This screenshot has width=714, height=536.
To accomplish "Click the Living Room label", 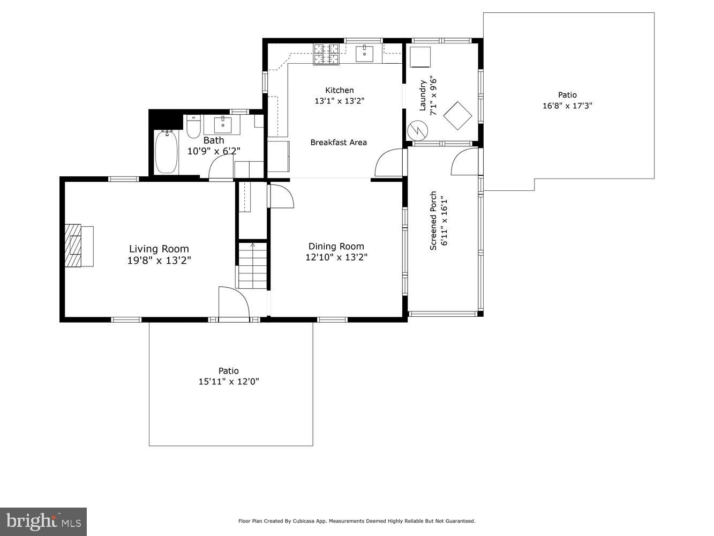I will point(159,249).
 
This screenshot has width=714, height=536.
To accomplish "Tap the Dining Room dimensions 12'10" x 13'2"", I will point(336,257).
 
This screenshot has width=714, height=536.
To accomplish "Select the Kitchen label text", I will point(339,90).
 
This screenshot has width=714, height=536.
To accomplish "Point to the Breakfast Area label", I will point(339,142).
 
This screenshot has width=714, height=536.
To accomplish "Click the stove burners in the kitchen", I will point(326,54).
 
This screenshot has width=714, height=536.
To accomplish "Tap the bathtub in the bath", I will point(166,152).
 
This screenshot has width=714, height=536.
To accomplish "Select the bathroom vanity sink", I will point(222,124).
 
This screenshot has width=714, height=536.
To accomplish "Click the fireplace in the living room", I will point(74,245).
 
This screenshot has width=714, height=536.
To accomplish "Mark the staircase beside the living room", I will point(252,265).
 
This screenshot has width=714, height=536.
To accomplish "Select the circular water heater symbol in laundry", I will point(417,130).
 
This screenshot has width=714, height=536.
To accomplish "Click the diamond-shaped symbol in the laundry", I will point(457,116).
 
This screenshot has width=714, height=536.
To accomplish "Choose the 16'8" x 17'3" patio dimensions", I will point(567,106).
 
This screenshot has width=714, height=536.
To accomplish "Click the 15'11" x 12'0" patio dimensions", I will point(229,382).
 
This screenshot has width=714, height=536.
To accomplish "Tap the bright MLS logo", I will point(43,521).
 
